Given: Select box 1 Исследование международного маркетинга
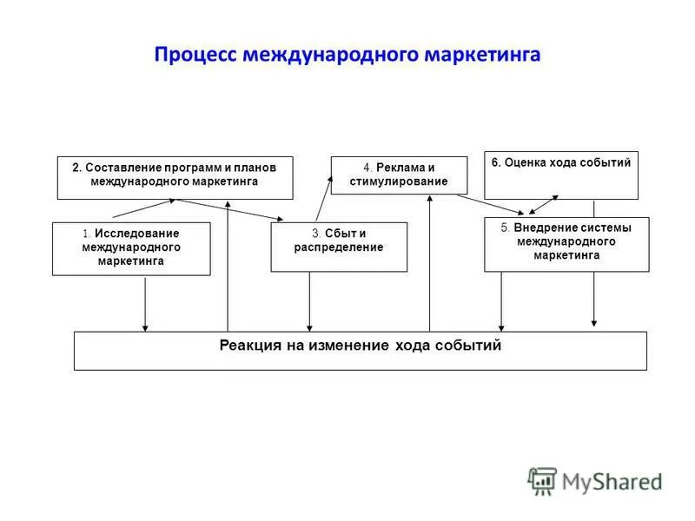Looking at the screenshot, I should pos(131,248).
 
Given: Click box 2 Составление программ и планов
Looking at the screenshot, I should pos(175,177).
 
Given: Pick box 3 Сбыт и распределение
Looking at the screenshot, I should pos(339,247).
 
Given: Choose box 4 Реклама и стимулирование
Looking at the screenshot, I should pos(399,175).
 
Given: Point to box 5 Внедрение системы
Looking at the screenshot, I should pos(566,244).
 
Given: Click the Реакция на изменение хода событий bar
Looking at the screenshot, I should pos(360,351).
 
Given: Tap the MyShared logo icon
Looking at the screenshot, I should pos(542,480).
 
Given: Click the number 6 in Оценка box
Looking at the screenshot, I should pos(495,162).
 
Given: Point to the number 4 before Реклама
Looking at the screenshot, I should pos(367,167).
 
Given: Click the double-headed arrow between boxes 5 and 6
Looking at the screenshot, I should pos(544,202).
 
